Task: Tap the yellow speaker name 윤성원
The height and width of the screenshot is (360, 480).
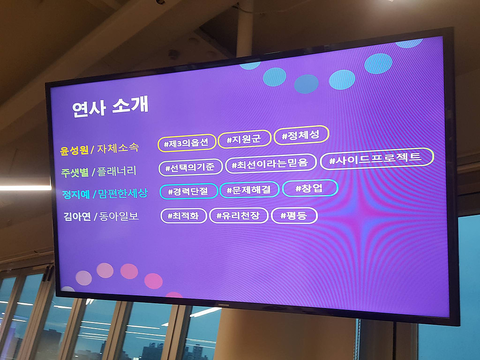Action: click(x=74, y=150)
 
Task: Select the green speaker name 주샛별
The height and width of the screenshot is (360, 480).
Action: click(x=75, y=172)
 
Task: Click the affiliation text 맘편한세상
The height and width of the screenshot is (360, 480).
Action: click(x=123, y=193)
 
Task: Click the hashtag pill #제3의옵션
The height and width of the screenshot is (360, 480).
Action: click(x=187, y=142)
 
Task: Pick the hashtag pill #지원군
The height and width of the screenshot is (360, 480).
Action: click(x=245, y=139)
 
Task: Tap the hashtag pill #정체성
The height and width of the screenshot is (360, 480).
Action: click(x=301, y=135)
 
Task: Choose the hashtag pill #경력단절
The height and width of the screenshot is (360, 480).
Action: click(x=189, y=191)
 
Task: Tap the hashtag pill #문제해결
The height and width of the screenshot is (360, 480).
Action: click(x=249, y=189)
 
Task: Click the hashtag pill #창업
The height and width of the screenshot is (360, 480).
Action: click(x=310, y=187)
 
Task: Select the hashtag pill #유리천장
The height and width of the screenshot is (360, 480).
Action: click(x=239, y=216)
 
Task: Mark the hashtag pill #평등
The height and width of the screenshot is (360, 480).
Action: click(x=294, y=215)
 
